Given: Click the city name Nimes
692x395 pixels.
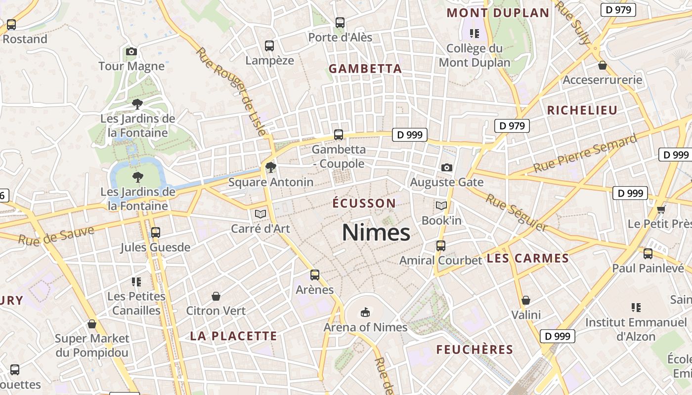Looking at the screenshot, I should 376,233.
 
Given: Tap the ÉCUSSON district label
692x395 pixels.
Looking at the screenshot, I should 364,203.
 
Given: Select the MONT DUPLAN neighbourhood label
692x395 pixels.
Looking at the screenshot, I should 498,13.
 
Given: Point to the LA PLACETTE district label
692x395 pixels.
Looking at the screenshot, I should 234,336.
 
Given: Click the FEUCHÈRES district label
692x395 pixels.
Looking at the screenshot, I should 475,350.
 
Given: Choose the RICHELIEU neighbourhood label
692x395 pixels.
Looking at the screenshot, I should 582,110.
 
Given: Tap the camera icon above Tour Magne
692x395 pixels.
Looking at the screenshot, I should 131,51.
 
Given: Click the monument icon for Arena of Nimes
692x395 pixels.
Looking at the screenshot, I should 365,312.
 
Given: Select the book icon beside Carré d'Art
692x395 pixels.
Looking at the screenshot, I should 260,214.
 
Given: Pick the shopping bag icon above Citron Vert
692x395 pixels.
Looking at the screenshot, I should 216,296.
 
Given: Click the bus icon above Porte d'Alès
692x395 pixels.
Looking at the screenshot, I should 340,22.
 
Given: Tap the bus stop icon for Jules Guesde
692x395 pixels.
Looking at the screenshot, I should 155,232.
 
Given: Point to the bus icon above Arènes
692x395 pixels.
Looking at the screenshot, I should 314,275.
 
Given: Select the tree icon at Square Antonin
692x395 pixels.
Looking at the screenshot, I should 270,167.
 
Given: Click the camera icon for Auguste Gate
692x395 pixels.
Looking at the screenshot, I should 446,167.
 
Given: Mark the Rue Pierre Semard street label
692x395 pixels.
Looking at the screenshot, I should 585,154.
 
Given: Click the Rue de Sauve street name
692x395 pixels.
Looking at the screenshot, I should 56,236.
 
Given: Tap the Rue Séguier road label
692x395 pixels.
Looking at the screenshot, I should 517,213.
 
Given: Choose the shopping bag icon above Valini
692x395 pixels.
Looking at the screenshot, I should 526,300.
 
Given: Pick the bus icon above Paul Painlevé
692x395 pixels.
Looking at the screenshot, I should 648,254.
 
